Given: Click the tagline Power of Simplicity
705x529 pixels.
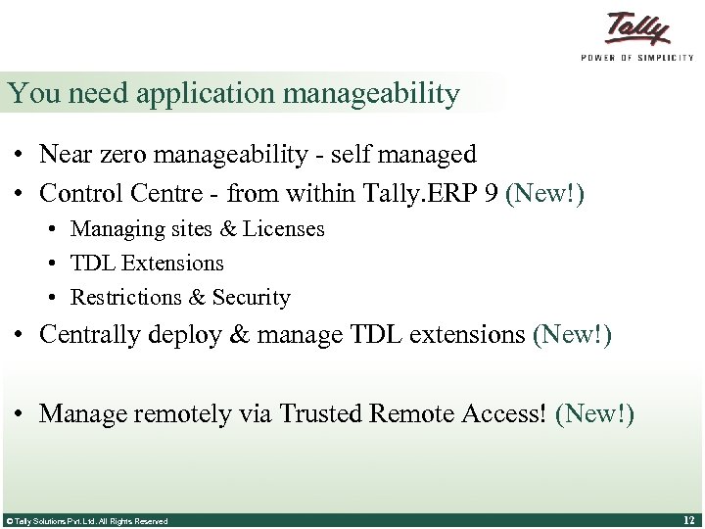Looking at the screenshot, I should (x=637, y=58).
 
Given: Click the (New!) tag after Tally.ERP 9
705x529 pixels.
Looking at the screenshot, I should (x=545, y=195).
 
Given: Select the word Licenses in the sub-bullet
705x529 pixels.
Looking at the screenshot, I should (x=284, y=229).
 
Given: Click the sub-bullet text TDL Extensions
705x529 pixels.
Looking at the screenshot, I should (x=147, y=264).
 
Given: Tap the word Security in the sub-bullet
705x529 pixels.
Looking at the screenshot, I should (x=252, y=298).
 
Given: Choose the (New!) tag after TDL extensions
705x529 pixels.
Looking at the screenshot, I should (x=572, y=335).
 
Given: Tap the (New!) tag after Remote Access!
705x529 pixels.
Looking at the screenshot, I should (x=594, y=414).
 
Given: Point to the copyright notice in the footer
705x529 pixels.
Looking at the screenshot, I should (x=86, y=521).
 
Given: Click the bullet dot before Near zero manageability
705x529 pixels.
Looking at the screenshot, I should (x=20, y=156).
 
